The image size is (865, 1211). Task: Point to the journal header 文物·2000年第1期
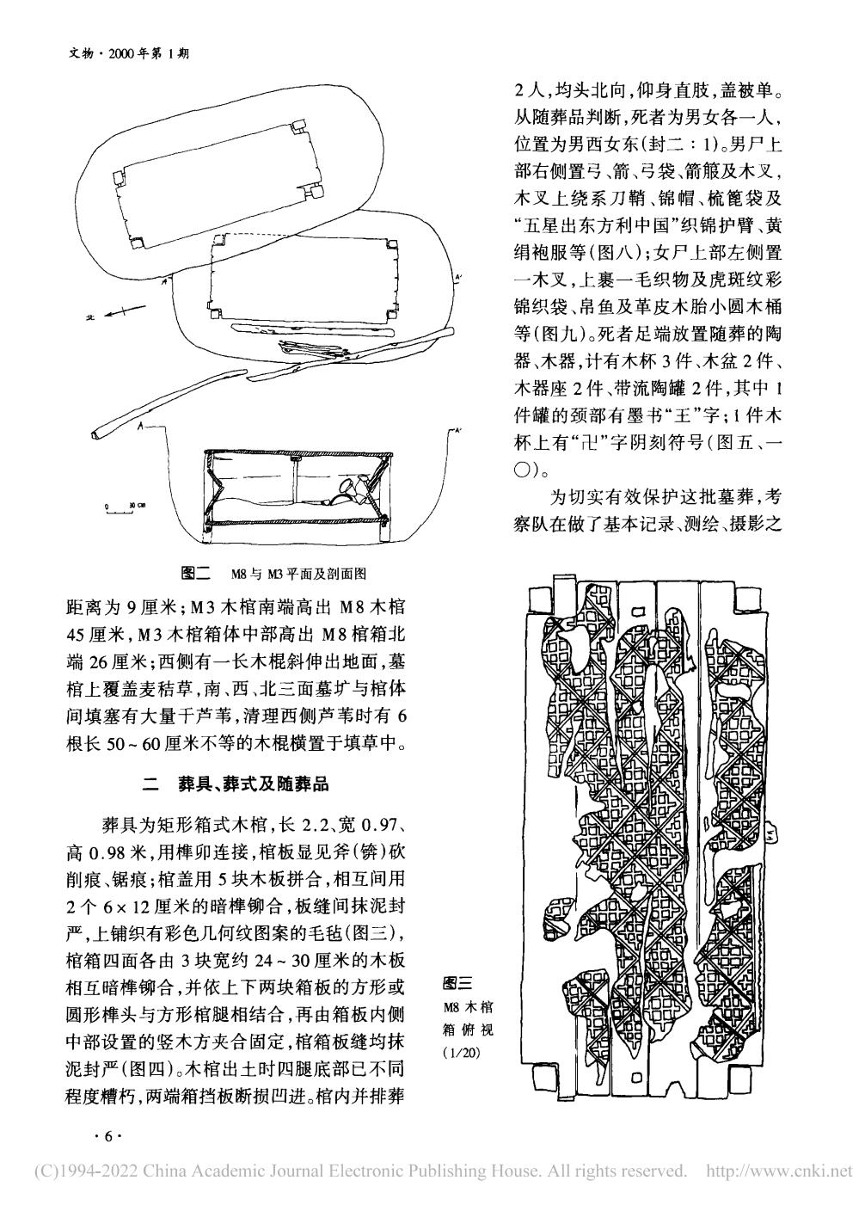click(x=126, y=52)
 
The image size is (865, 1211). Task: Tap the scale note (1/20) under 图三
click(x=462, y=1053)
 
